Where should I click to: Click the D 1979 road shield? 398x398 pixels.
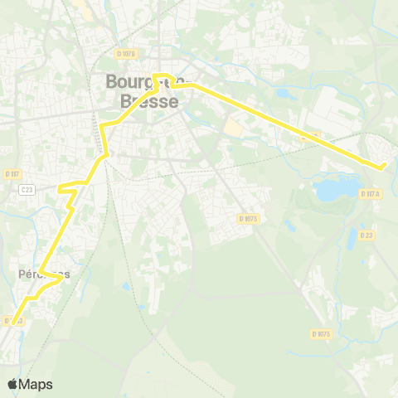(126, 53)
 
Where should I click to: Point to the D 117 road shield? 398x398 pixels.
(12, 173)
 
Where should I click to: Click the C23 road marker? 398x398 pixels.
(27, 189)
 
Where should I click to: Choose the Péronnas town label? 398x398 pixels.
(41, 273)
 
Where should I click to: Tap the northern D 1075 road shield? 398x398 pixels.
(248, 218)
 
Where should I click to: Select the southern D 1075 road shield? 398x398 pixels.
(323, 333)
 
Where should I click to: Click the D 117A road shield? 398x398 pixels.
(370, 193)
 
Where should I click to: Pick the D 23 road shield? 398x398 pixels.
(366, 235)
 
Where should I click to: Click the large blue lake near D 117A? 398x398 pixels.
(332, 190)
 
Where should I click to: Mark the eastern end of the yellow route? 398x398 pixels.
(383, 167)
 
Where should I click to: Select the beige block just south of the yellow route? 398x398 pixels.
(235, 129)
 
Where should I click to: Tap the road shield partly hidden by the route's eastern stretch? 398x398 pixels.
(312, 136)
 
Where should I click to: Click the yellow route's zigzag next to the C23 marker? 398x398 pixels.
(68, 190)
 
